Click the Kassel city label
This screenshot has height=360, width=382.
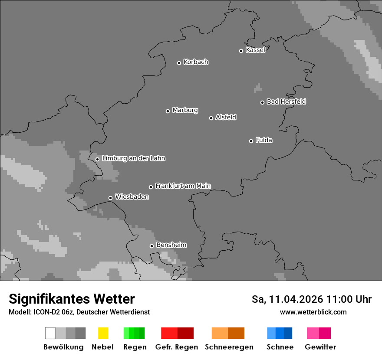coord(255,50)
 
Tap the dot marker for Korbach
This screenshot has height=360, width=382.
coord(179,63)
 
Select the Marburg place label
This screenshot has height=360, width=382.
coord(185,110)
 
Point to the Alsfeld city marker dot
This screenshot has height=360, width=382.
coord(211,118)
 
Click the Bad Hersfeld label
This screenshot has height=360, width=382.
coord(286,101)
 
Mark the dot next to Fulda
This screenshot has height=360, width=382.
coord(251,141)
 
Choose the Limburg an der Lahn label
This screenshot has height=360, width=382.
coord(133,158)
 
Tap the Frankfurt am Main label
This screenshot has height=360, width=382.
coord(183,186)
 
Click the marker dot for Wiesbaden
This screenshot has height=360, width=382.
coord(110,198)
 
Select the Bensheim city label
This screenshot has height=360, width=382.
coord(171,245)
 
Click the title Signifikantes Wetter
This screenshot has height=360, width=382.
coord(72,299)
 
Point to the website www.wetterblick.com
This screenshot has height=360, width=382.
coord(313,312)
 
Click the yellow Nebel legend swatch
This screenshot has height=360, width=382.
coord(103,333)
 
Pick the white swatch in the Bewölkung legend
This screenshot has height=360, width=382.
coord(50,333)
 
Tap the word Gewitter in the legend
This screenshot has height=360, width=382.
coord(320,347)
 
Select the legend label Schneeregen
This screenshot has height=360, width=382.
coord(229,347)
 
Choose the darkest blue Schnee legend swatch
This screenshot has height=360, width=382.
coord(288,333)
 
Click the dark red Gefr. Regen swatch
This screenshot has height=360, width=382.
coord(185,333)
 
